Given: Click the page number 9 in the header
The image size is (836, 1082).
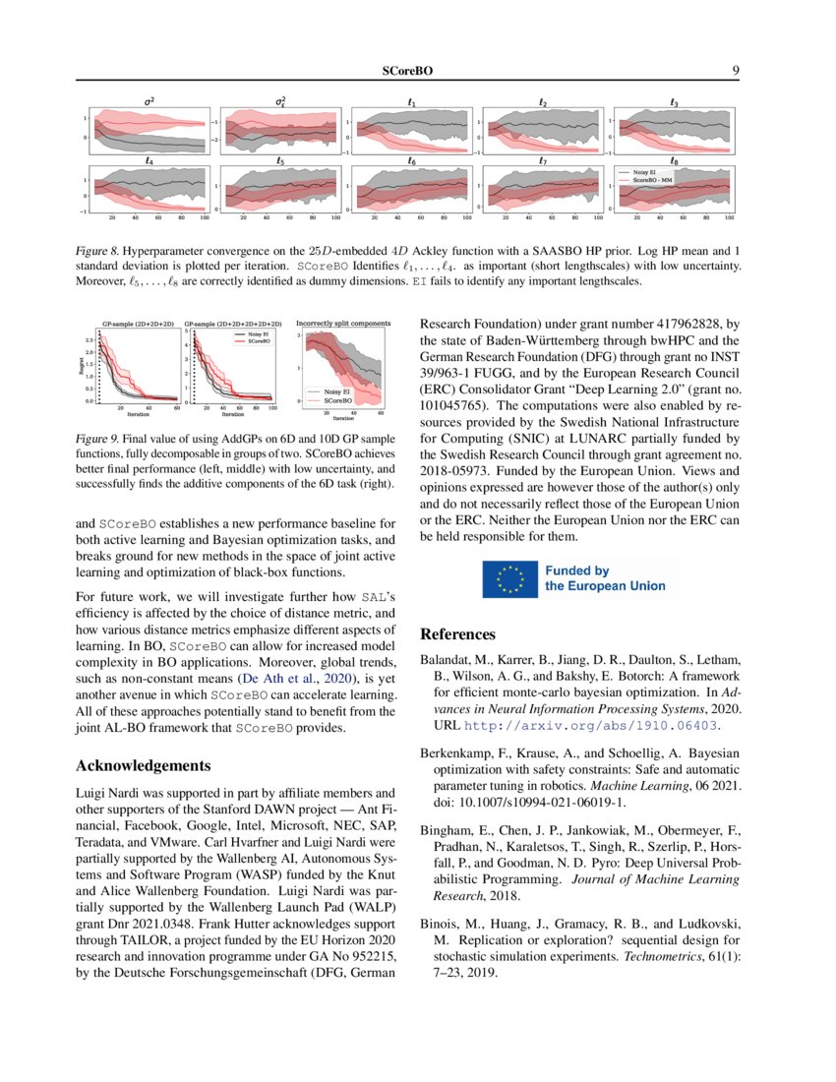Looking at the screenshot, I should point(735,71).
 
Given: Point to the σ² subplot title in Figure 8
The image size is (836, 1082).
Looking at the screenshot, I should point(149,100).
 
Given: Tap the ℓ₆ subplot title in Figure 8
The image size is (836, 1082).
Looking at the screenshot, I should point(411,160).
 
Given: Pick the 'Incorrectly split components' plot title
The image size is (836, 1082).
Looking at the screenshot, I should point(343,322).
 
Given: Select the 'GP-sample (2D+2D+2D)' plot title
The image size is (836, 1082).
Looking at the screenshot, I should point(137,323).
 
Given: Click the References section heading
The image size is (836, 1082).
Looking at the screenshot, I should point(458,634).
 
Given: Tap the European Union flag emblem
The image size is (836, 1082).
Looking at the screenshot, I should point(509,578).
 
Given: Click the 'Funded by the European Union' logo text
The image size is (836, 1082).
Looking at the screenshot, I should point(605,578).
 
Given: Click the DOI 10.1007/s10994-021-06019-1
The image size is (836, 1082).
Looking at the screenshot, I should point(537,802).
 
